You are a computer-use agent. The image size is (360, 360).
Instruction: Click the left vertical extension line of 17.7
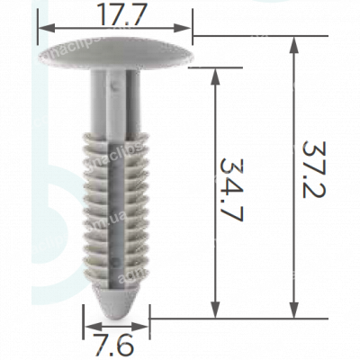[x=37, y=27]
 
